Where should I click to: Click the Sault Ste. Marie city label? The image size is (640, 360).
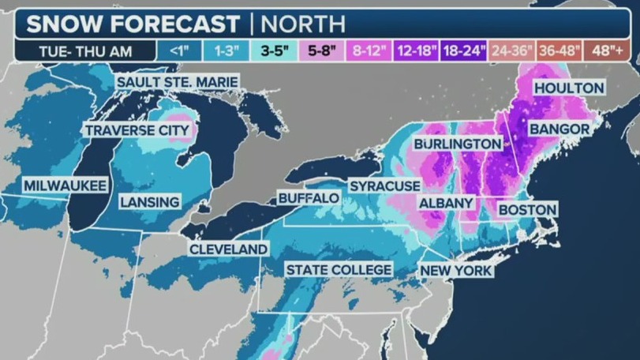pos(177,82)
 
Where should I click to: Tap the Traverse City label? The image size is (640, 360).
pos(137,130)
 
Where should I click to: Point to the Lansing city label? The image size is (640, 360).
pos(150,202)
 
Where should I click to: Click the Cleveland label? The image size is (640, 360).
pos(228,249)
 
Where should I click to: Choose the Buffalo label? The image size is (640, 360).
pos(309,197)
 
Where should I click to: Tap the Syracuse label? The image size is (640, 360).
pos(385,185)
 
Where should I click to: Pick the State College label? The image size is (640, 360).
pos(339,270)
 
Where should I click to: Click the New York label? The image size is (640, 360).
pos(456,271)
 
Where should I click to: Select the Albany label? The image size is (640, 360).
pos(446,203)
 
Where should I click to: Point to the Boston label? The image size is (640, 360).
pos(527,209)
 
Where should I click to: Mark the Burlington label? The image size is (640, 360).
pos(458,144)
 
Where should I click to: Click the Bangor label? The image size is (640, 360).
pos(560,128)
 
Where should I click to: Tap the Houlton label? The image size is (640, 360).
pos(568,88)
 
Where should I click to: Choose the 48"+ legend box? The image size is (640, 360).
pos(607,51)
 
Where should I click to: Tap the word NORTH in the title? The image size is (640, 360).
pos(304,24)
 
